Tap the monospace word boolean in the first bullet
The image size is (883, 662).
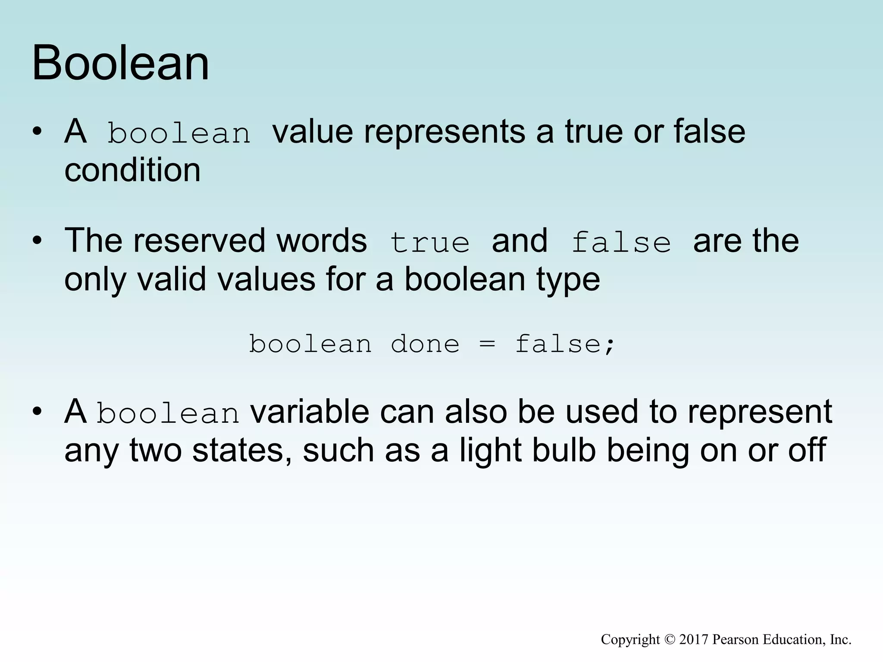tap(178, 133)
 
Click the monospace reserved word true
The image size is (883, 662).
tap(429, 242)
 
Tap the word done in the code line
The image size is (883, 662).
tap(425, 344)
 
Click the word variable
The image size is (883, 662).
tap(310, 412)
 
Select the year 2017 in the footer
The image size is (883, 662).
tap(694, 640)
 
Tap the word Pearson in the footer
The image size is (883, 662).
tap(735, 640)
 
